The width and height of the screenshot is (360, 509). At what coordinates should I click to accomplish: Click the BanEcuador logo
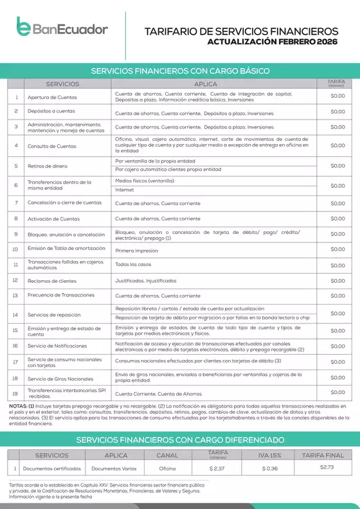[x=62, y=28]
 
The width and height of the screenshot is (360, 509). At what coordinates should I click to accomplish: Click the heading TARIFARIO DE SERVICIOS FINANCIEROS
[x=241, y=31]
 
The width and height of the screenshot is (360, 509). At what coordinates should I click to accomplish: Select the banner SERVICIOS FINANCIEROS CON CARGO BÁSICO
[x=180, y=71]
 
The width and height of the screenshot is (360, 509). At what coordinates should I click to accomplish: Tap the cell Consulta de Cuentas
[x=51, y=146]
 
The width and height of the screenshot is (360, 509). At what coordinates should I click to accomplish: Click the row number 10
[x=15, y=249]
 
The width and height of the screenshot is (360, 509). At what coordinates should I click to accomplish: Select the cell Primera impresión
[x=136, y=250]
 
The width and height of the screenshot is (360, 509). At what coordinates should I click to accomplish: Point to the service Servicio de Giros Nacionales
[x=60, y=379]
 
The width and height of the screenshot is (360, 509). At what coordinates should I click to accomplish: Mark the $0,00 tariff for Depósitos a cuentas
[x=337, y=112]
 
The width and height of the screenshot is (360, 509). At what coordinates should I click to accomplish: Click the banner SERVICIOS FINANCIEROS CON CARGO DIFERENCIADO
[x=180, y=440]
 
